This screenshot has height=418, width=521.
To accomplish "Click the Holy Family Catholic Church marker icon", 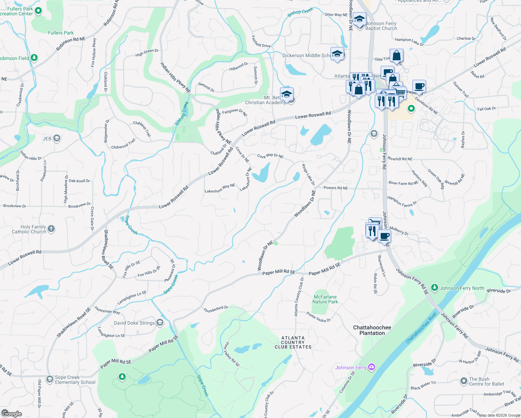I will point(51,229).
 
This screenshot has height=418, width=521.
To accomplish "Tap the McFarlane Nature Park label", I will point(325,299).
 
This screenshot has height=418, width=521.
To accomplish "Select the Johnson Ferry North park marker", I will point(434,288).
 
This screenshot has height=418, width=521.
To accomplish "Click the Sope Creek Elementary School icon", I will point(50,379).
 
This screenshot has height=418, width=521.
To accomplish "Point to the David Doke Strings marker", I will point(160,323).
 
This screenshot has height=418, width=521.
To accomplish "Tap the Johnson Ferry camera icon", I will point(372,367).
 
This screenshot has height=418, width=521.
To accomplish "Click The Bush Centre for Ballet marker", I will point(464,381).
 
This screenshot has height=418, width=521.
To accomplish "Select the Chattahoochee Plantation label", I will point(372,330).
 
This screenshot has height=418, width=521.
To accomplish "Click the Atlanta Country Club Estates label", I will point(293,342).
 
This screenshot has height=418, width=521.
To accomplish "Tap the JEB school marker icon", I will point(57,139).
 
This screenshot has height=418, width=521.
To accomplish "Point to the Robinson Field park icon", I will point(34,58).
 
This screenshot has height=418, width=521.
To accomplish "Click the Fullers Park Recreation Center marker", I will point(38,11).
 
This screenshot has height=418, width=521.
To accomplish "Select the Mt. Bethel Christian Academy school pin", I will point(287,94).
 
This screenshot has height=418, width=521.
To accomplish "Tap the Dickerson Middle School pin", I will point(337,54).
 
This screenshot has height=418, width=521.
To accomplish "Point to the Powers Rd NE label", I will point(335,188).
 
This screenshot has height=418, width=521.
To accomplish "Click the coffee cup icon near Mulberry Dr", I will point(384,236).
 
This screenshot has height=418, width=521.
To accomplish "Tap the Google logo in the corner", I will point(11,413).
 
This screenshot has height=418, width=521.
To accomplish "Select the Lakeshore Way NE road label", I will point(220,188).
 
